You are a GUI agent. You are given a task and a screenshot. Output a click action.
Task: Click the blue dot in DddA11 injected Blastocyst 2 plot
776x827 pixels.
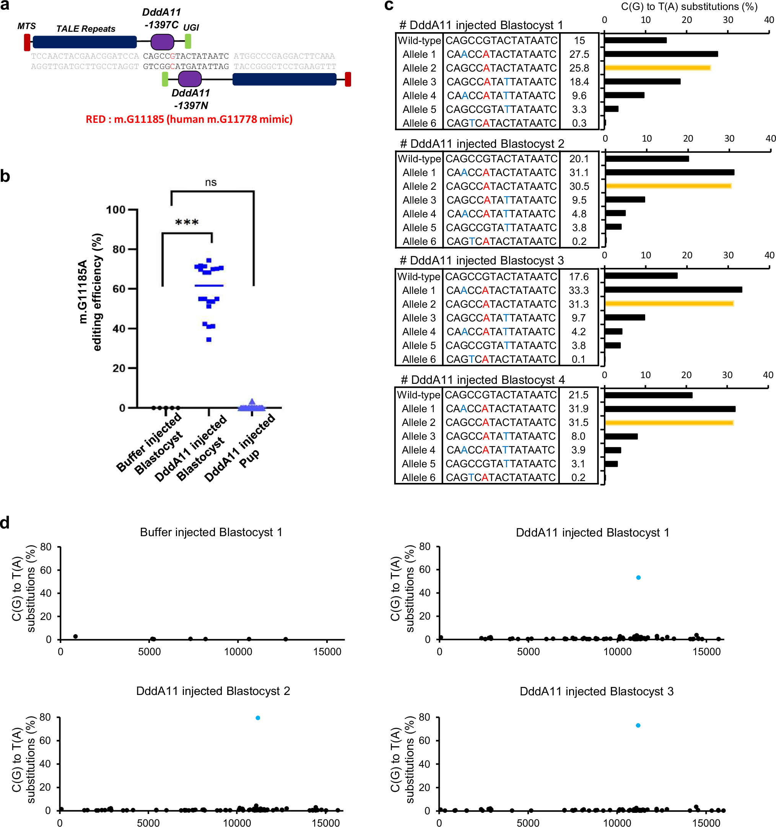point(258,718)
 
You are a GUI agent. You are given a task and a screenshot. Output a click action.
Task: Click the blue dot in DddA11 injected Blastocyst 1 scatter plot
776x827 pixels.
point(638,577)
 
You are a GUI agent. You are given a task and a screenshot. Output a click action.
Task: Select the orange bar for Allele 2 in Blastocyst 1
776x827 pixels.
point(657,68)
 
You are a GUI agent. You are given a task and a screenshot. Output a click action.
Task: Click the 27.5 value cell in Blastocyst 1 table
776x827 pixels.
point(579,54)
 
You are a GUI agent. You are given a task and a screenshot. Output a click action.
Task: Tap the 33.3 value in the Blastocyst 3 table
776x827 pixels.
point(578,290)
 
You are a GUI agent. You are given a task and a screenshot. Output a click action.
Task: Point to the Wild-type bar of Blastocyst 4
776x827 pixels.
point(648,395)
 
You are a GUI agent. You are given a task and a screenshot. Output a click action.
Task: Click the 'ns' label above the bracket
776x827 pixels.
point(211,182)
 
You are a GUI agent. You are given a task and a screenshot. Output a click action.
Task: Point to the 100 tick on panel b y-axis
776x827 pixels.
point(116,210)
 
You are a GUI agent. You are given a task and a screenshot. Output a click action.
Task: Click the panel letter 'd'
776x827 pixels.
point(5,522)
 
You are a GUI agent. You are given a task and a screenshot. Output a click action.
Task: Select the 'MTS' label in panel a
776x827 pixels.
point(27,26)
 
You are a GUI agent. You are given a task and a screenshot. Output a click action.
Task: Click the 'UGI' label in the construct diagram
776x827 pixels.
point(191,28)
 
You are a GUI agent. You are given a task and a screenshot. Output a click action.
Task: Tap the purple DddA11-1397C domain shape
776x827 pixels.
point(162,42)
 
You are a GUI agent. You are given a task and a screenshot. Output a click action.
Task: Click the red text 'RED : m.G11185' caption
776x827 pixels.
point(189,119)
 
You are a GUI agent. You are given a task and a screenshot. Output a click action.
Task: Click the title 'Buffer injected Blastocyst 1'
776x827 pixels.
point(211,532)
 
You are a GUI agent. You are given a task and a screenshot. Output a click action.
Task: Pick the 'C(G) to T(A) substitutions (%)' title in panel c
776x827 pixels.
point(689,7)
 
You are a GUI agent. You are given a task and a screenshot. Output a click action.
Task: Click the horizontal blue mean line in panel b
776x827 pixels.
point(209,285)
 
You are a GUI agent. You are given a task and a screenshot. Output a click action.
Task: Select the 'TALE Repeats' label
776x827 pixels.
point(86,29)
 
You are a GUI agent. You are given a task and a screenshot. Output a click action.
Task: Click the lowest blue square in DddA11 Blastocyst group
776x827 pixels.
point(209,339)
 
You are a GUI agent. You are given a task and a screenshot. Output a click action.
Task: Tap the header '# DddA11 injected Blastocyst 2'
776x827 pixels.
point(482,144)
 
